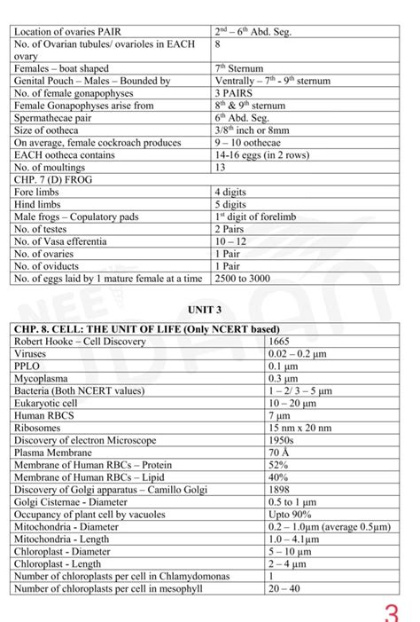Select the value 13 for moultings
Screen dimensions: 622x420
point(221,166)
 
